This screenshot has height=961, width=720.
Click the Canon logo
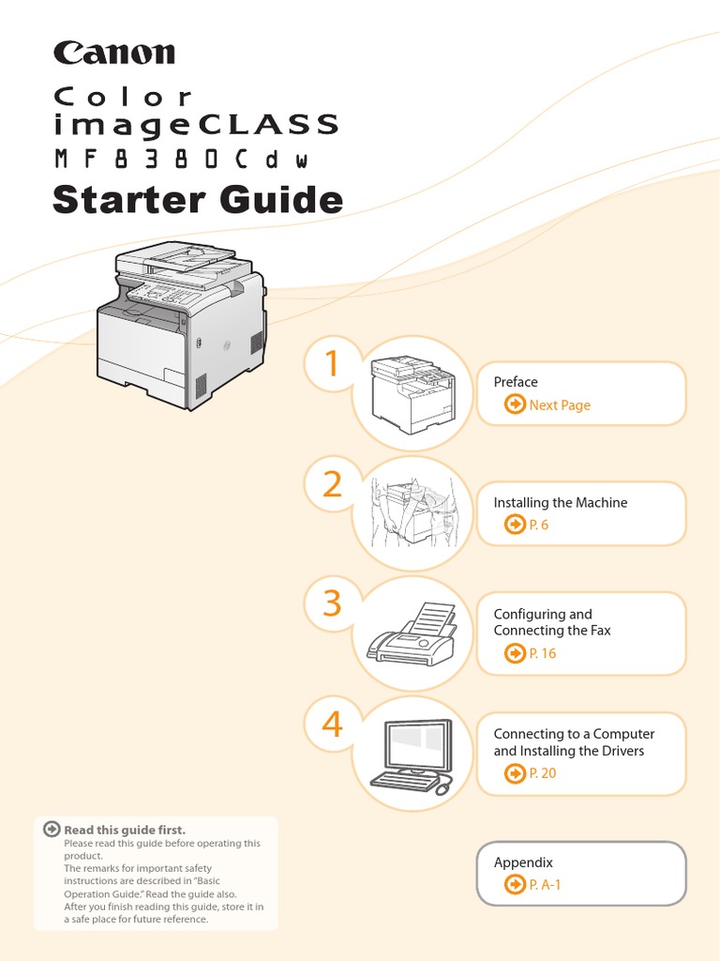click(x=114, y=52)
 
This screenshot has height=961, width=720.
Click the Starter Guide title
click(x=198, y=200)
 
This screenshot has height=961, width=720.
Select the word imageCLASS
click(x=196, y=124)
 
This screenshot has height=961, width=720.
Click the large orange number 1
click(x=331, y=364)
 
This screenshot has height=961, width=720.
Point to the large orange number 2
click(x=332, y=484)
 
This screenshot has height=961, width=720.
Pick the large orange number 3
click(x=332, y=603)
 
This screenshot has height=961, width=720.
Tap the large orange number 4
click(x=332, y=724)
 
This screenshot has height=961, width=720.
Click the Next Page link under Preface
click(x=559, y=405)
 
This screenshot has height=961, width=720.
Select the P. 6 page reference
click(x=538, y=525)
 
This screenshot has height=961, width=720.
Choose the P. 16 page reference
click(x=542, y=653)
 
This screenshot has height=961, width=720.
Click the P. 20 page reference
click(x=542, y=773)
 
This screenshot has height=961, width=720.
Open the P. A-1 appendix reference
click(x=545, y=884)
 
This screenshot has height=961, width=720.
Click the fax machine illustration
click(x=412, y=634)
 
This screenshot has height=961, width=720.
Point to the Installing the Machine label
click(x=561, y=503)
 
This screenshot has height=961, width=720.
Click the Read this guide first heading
click(x=124, y=830)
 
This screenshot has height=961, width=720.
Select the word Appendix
click(x=523, y=862)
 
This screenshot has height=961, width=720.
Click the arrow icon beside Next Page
click(x=515, y=404)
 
